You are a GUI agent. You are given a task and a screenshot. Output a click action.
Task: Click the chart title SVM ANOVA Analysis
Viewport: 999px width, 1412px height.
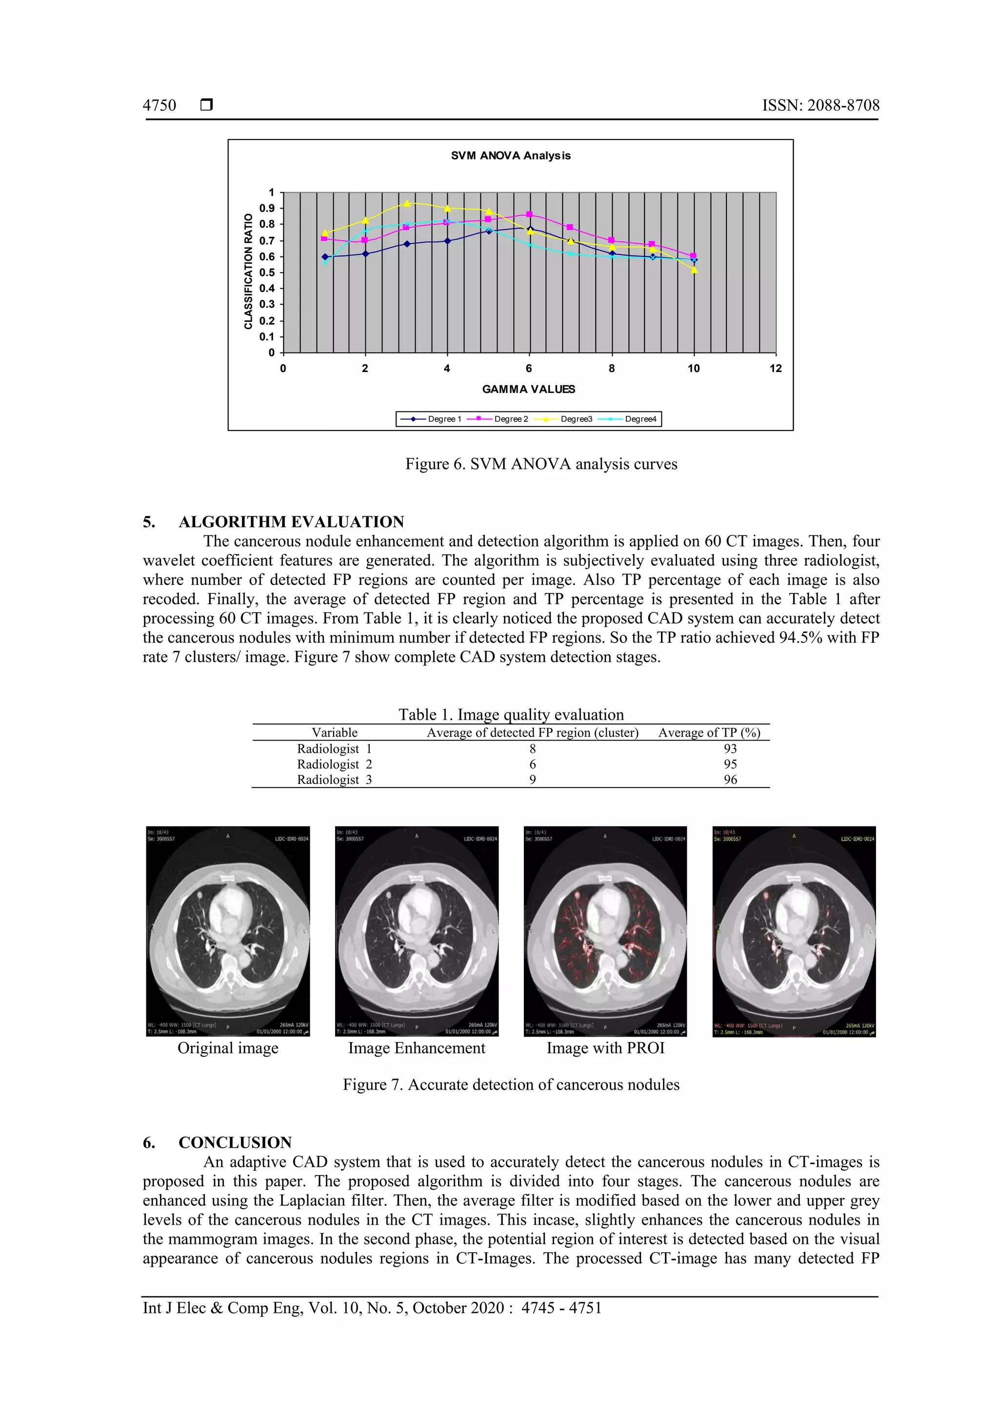pyautogui.click(x=511, y=156)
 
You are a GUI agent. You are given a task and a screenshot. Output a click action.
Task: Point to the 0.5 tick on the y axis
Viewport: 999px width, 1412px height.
pyautogui.click(x=267, y=273)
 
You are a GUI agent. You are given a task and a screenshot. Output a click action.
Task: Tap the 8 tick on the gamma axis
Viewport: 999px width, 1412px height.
pyautogui.click(x=612, y=369)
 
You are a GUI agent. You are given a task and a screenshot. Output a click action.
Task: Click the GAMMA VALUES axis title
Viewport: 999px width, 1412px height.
pyautogui.click(x=528, y=389)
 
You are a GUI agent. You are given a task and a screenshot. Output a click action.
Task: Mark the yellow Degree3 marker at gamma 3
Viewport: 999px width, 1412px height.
pyautogui.click(x=407, y=203)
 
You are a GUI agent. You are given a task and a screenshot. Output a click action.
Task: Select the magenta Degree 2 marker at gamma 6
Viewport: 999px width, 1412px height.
pyautogui.click(x=529, y=215)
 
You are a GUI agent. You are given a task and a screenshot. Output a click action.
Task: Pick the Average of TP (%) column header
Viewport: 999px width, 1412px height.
pyautogui.click(x=709, y=732)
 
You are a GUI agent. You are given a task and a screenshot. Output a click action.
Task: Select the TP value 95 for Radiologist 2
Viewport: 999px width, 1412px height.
pyautogui.click(x=730, y=764)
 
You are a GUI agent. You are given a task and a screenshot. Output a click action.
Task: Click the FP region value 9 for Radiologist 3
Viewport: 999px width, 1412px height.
pyautogui.click(x=533, y=779)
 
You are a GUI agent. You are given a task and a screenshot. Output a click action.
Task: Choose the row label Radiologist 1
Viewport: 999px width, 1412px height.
pyautogui.click(x=334, y=748)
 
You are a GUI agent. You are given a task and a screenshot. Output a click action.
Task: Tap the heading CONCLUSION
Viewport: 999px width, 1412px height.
pyautogui.click(x=235, y=1143)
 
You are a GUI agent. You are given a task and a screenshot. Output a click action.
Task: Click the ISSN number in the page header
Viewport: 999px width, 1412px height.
pyautogui.click(x=820, y=105)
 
